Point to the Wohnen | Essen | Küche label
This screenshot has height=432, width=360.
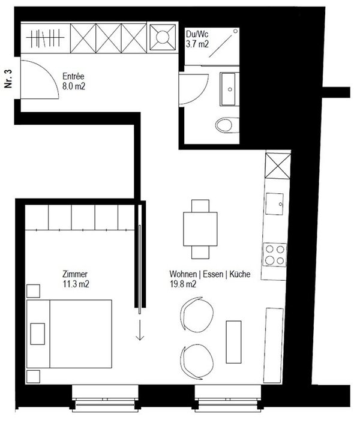(209, 280)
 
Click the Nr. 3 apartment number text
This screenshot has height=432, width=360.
(8, 79)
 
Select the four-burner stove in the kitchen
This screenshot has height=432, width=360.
(275, 254)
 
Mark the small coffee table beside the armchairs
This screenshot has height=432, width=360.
(233, 338)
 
